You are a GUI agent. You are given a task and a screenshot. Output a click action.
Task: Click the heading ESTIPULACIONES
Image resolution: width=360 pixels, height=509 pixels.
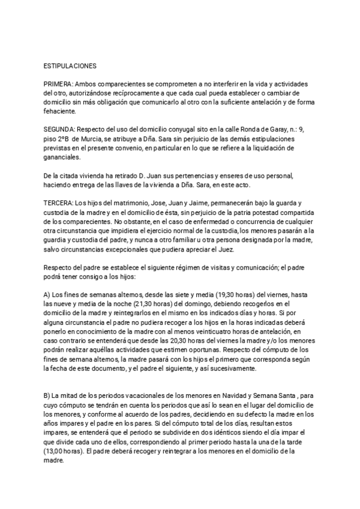[x=70, y=64]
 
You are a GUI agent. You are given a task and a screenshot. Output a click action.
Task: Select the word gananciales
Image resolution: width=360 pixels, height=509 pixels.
[x=62, y=158]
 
